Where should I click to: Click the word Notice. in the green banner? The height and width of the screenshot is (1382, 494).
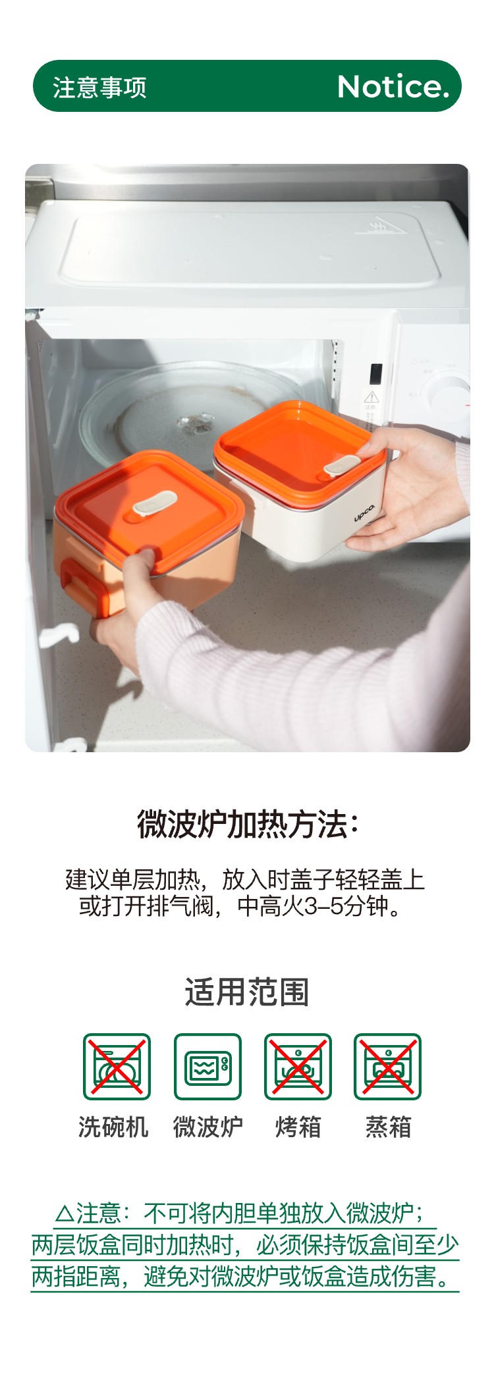(x=393, y=86)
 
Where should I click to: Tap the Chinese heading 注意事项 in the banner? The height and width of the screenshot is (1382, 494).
(x=100, y=87)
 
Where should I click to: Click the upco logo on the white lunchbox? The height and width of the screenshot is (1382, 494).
(x=364, y=513)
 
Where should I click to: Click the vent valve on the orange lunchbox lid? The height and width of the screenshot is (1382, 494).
(x=155, y=503)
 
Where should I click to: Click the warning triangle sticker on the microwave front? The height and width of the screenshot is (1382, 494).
(x=371, y=396)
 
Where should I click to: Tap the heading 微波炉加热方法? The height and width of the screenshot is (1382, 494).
(x=247, y=825)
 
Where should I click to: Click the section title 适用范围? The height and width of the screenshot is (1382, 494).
(x=247, y=992)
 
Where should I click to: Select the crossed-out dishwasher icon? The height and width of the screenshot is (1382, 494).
(x=117, y=1067)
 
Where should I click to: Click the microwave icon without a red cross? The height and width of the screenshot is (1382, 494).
(x=207, y=1067)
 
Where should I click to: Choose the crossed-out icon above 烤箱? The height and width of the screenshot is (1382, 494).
(x=298, y=1067)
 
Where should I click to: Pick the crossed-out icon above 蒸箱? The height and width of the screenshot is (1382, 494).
(x=388, y=1067)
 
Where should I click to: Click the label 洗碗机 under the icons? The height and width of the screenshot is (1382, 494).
(x=113, y=1127)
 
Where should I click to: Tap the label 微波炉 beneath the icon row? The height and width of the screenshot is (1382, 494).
(x=207, y=1127)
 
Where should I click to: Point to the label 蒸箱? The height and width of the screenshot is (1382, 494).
(x=389, y=1127)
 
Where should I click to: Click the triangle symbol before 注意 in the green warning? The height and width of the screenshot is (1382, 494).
(x=65, y=1213)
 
